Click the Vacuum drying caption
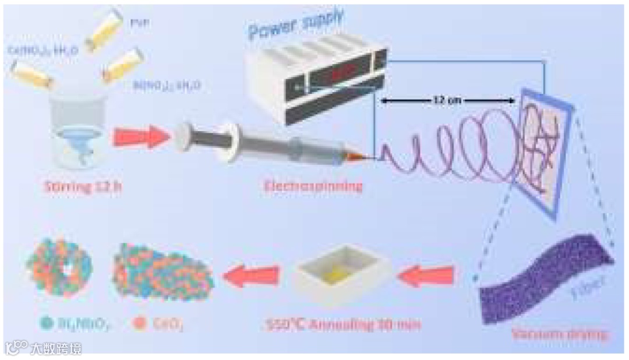559,334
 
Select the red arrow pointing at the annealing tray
429,274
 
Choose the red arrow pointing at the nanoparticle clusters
252,274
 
